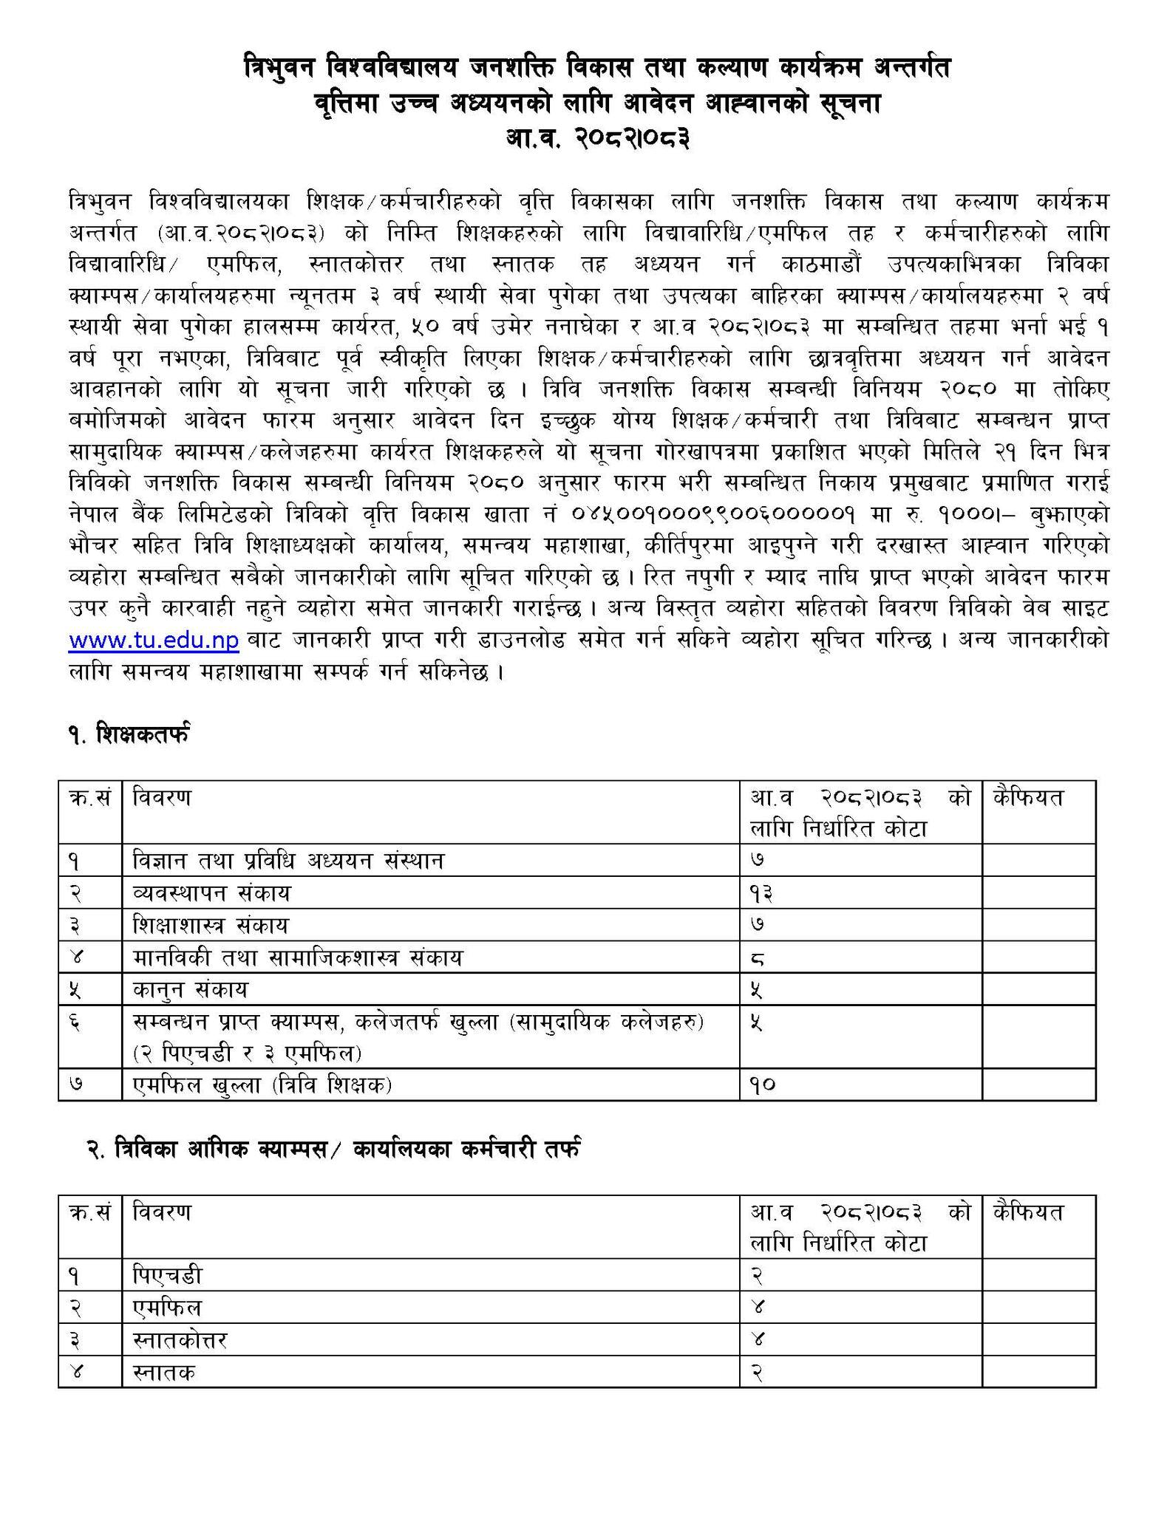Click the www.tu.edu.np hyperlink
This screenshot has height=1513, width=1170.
pyautogui.click(x=154, y=640)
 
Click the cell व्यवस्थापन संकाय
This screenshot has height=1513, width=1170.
pyautogui.click(x=212, y=893)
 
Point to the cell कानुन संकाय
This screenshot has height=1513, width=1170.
pyautogui.click(x=191, y=989)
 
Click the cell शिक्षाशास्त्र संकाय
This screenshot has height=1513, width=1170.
pyautogui.click(x=211, y=925)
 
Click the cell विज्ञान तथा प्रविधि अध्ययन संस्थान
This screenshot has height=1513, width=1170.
pyautogui.click(x=288, y=861)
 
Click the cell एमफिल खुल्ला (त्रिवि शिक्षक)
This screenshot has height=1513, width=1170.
pyautogui.click(x=262, y=1085)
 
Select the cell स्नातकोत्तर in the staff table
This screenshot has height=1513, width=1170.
pyautogui.click(x=180, y=1340)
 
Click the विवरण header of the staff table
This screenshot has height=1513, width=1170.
pyautogui.click(x=162, y=1212)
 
